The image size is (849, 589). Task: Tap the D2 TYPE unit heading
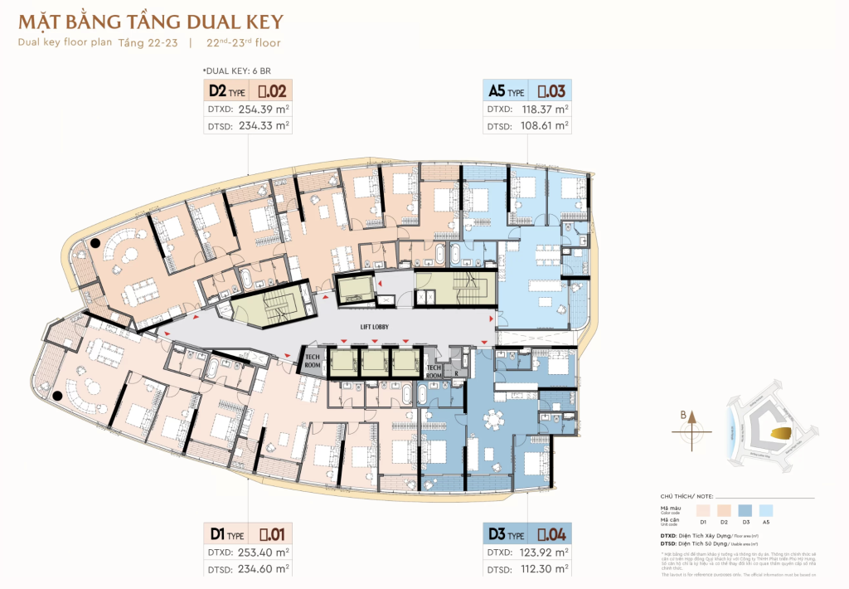227,91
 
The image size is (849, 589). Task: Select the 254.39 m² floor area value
263,109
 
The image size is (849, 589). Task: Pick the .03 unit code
552,91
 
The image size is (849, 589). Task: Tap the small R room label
456,373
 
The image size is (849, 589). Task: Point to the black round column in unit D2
96,243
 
